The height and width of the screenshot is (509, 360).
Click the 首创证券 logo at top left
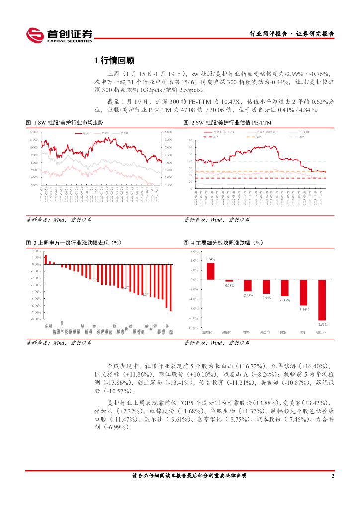coord(59,35)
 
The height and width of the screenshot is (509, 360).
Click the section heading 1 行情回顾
coord(114,61)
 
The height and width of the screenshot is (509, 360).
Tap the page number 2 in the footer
coord(333,476)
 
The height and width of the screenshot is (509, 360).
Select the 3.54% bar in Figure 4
coord(210,271)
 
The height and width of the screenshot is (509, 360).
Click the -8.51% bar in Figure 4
coord(322,300)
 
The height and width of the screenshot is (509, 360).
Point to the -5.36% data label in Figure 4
coord(303,309)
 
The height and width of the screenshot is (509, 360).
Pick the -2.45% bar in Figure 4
coord(247,285)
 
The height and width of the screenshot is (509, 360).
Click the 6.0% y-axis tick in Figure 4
coord(194,252)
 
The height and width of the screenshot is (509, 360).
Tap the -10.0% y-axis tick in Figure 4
coord(193,328)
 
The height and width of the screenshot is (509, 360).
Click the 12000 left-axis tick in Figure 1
coord(34,132)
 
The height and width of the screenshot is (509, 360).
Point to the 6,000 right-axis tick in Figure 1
coord(168,132)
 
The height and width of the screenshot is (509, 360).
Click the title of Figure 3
coord(74,243)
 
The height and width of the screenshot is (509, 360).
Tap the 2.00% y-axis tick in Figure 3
coord(36,251)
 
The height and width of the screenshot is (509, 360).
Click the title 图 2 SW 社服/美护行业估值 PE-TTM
coord(225,122)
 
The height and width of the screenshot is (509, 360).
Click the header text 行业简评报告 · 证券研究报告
coord(291,34)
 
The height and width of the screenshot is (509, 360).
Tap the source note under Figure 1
coord(58,219)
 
